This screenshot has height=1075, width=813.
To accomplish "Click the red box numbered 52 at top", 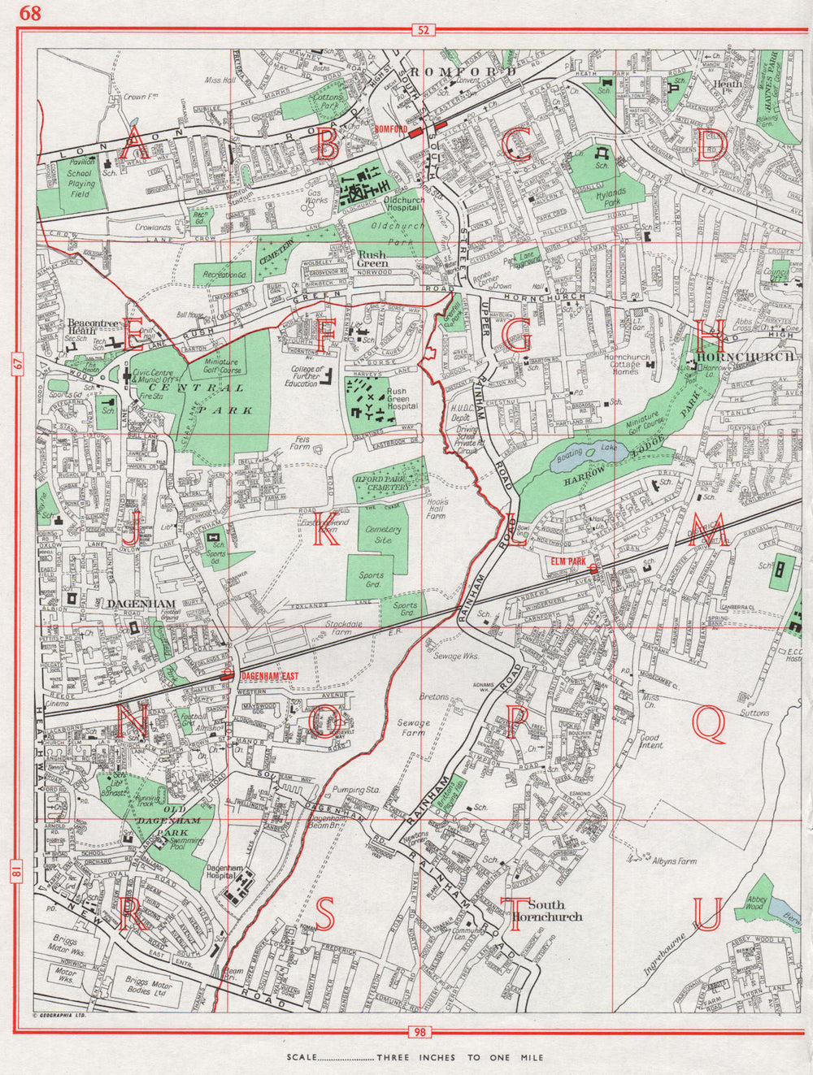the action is coord(423,30).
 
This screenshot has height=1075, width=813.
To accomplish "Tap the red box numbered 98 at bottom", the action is coord(420,1032).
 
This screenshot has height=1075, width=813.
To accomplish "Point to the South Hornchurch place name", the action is coord(555,910).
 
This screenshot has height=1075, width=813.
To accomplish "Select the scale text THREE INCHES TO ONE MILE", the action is coord(462,1058).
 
